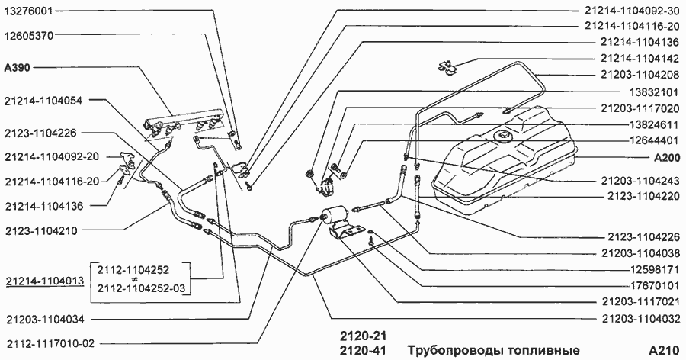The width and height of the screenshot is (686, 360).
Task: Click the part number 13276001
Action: pyautogui.click(x=29, y=13)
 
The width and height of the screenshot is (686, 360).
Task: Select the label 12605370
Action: pyautogui.click(x=29, y=35)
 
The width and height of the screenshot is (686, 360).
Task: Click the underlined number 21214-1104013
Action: pyautogui.click(x=44, y=281)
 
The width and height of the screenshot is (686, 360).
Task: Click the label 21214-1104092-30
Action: pyautogui.click(x=630, y=12)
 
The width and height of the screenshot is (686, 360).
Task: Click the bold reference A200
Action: pyautogui.click(x=664, y=159)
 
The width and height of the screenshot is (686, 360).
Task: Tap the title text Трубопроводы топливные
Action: pyautogui.click(x=493, y=350)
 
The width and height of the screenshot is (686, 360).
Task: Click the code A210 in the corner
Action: pyautogui.click(x=664, y=350)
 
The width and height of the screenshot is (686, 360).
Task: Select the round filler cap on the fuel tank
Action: pyautogui.click(x=504, y=135)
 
